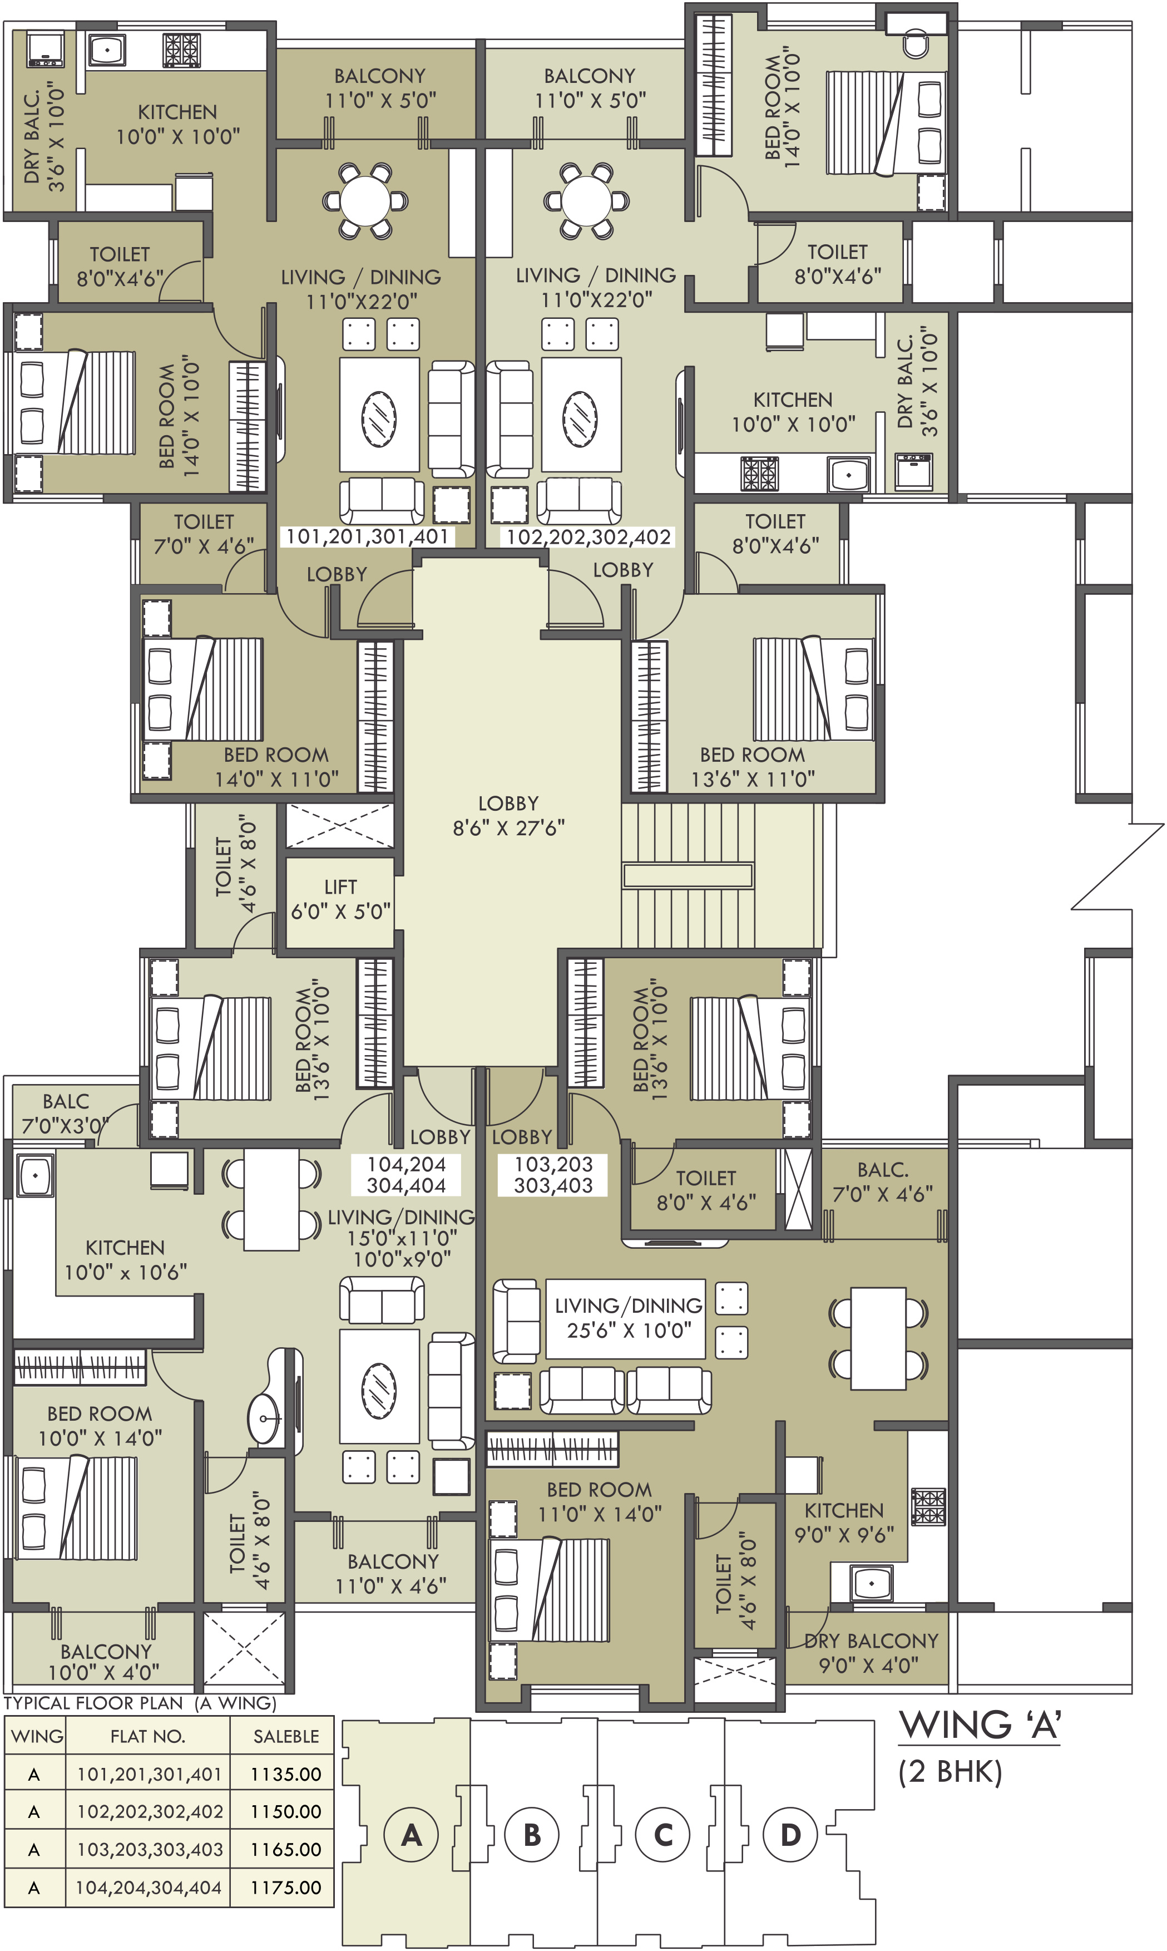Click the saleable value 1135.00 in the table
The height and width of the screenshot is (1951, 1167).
click(285, 1774)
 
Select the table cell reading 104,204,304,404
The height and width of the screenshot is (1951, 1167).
click(149, 1886)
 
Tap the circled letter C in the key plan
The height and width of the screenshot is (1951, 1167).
click(663, 1835)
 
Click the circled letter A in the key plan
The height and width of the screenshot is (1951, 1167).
click(411, 1835)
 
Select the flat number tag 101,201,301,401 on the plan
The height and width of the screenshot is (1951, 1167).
click(367, 536)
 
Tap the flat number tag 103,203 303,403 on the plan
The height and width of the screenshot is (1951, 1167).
click(553, 1175)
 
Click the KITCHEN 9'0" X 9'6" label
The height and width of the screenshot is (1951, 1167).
click(844, 1523)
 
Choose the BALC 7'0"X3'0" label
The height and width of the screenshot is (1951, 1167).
click(65, 1113)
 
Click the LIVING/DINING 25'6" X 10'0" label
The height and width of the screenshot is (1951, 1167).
click(629, 1318)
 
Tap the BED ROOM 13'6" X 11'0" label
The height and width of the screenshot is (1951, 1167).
click(753, 767)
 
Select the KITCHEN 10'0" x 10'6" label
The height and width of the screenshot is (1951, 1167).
click(126, 1259)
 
